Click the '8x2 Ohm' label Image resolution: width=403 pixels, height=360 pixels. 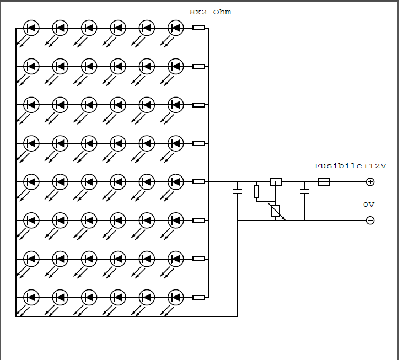(210, 12)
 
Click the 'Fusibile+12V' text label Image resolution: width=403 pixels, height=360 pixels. (351, 166)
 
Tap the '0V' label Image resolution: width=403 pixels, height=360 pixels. (369, 205)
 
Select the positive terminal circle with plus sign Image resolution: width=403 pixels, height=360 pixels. (370, 182)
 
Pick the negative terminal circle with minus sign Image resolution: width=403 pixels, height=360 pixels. (370, 221)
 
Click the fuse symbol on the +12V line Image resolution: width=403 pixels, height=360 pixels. (324, 182)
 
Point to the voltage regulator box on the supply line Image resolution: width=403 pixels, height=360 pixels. (276, 182)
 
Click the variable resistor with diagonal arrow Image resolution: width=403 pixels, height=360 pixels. (276, 211)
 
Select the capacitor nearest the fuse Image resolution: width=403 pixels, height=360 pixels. (305, 192)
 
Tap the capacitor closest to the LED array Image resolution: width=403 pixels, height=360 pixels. (238, 192)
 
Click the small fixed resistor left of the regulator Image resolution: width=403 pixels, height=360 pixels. (257, 192)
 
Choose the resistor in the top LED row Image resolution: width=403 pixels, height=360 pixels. (199, 28)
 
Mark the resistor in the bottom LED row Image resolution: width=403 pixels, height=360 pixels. (199, 298)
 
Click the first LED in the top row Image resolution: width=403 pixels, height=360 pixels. (31, 28)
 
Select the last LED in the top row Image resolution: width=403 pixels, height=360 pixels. (175, 28)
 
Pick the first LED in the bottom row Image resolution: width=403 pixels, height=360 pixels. (31, 298)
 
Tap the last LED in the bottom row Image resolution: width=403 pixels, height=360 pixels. (175, 298)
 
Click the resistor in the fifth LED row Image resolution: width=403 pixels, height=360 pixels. (199, 182)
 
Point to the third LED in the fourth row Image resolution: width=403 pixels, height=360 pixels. (89, 143)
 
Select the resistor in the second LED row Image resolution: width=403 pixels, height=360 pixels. (199, 66)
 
